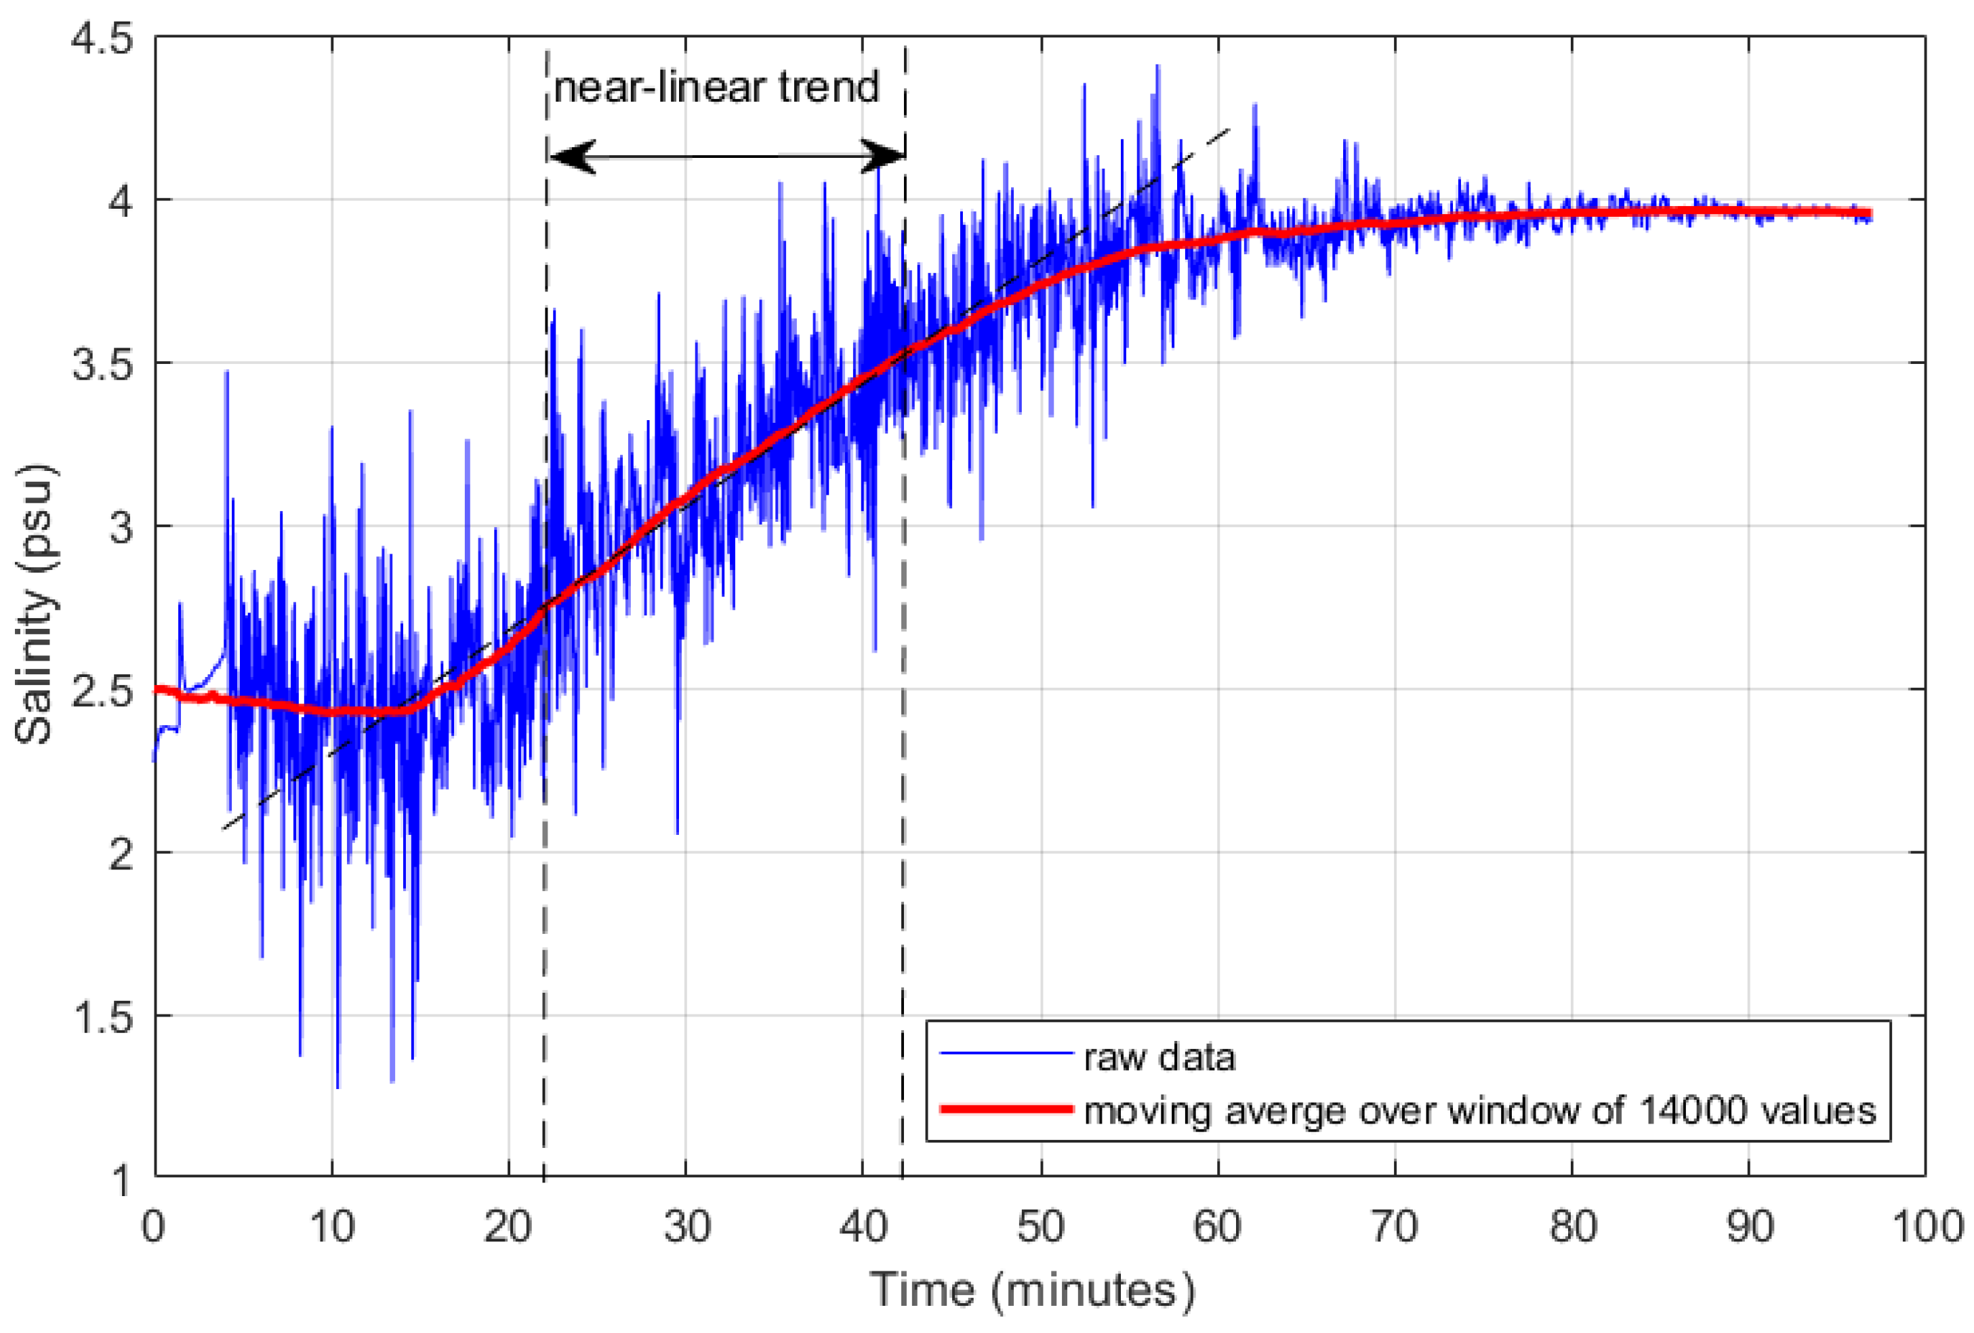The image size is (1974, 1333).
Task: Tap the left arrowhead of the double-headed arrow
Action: pyautogui.click(x=571, y=157)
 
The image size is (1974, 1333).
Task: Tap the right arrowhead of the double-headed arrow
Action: pyautogui.click(x=884, y=157)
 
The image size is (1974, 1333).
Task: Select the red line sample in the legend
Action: pyautogui.click(x=1006, y=1109)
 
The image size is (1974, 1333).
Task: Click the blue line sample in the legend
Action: pyautogui.click(x=1006, y=1054)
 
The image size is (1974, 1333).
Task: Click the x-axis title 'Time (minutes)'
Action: pyautogui.click(x=1032, y=1290)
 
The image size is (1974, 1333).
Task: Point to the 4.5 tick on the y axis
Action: pyautogui.click(x=102, y=40)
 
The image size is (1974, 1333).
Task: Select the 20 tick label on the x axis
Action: pyautogui.click(x=508, y=1227)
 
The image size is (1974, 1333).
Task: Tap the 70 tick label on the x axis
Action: pyautogui.click(x=1395, y=1227)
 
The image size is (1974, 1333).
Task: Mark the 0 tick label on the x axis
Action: pyautogui.click(x=154, y=1227)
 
